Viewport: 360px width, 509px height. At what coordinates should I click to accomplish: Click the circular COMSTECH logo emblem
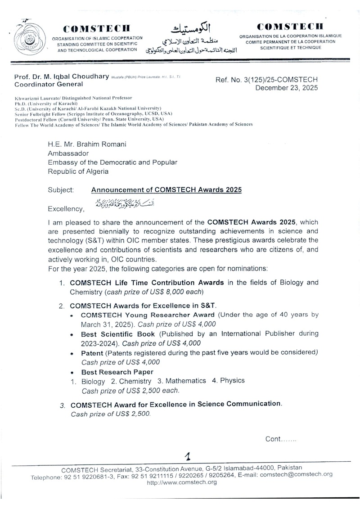27,36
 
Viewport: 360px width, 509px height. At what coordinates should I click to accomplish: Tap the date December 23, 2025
286,88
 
